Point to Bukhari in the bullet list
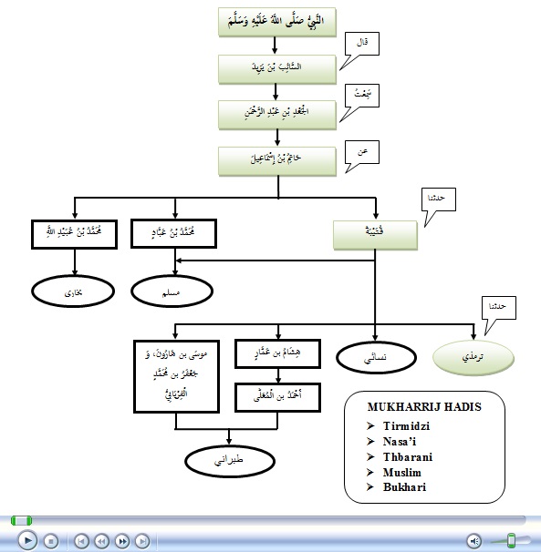click(402, 487)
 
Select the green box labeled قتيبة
click(375, 233)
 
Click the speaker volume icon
click(474, 540)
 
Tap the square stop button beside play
click(51, 540)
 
